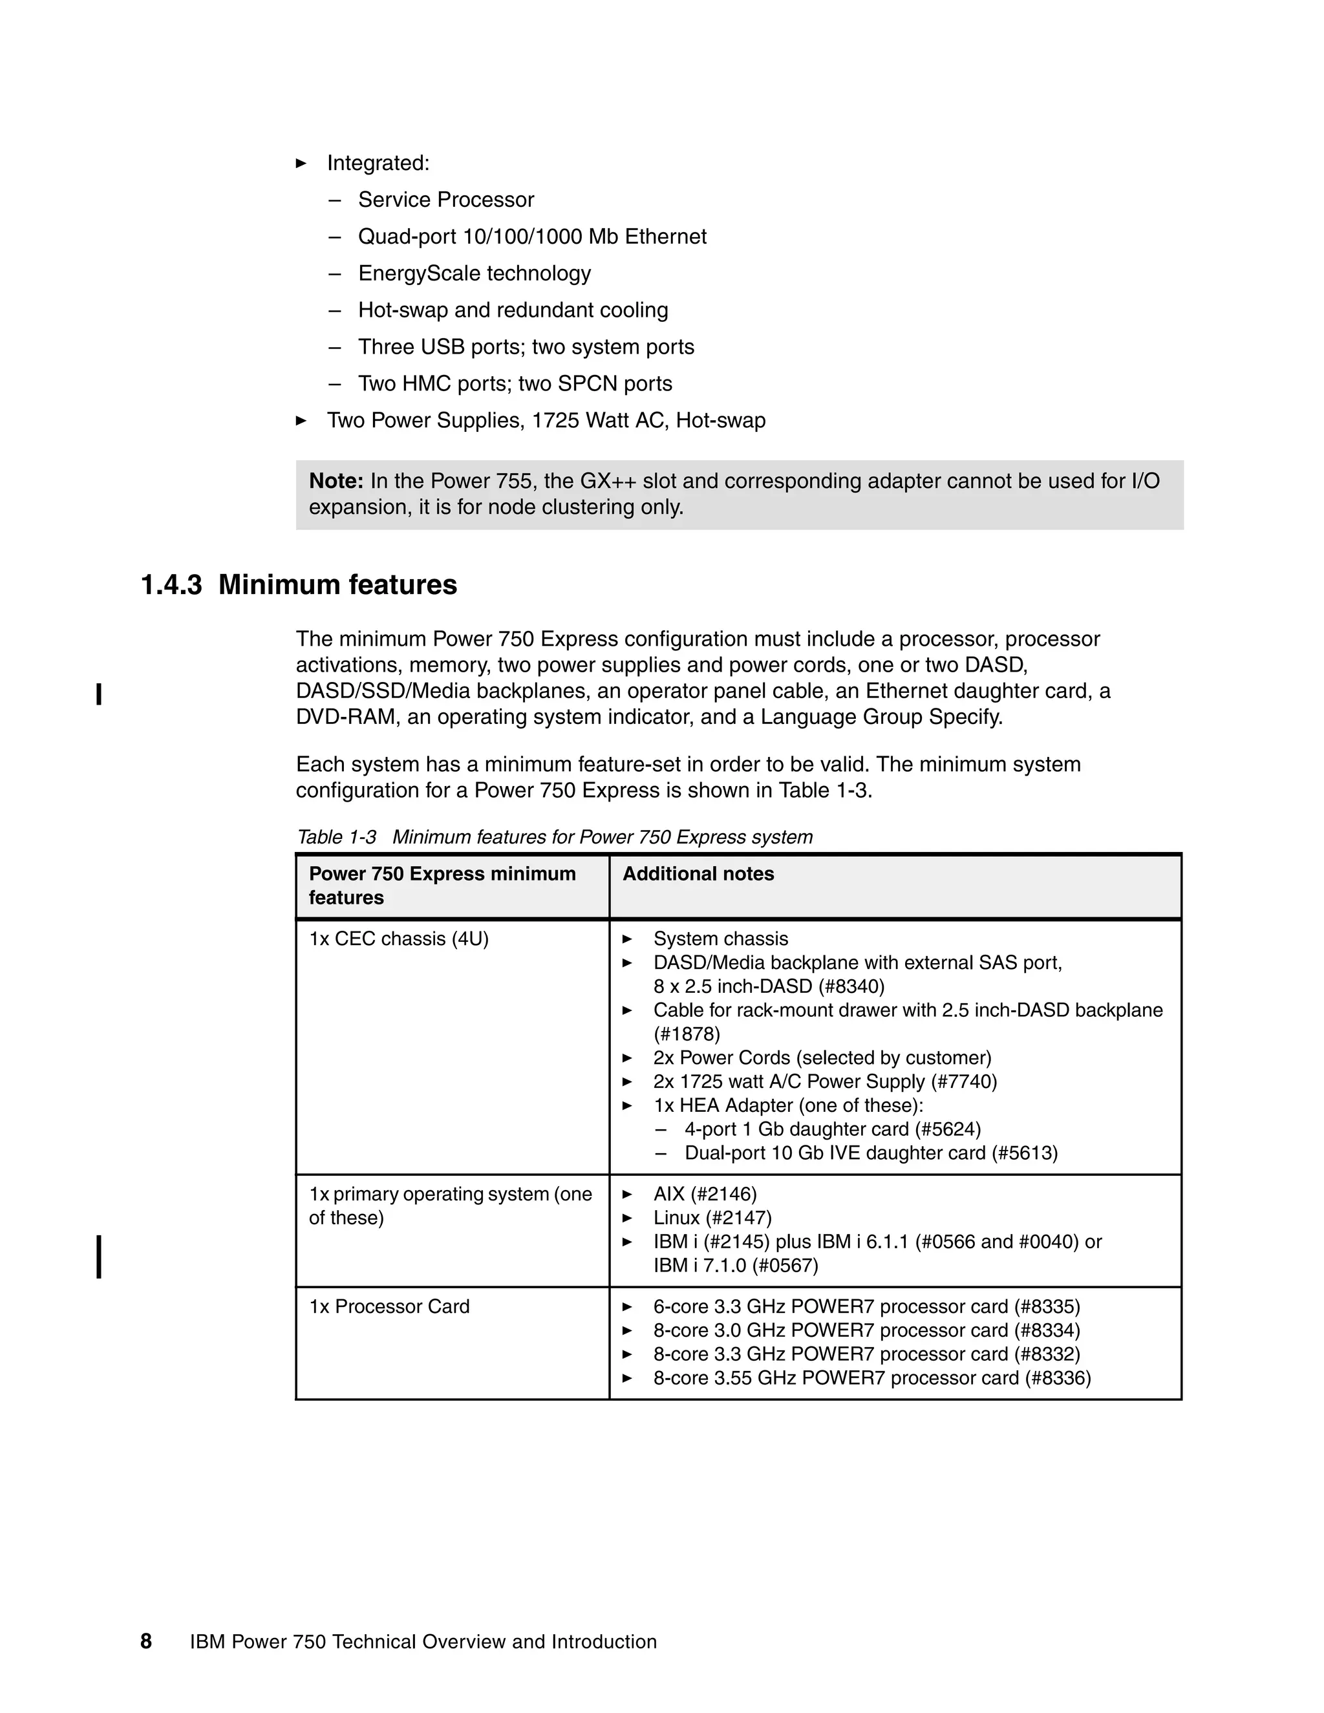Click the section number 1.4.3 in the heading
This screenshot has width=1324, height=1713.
click(x=171, y=585)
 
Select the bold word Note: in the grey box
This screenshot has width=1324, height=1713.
click(x=336, y=481)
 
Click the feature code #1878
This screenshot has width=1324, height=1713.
click(x=687, y=1034)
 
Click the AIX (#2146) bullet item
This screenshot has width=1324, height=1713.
click(x=705, y=1195)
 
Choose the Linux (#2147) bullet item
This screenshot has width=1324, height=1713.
click(x=712, y=1218)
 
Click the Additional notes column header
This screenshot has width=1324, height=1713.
click(x=698, y=874)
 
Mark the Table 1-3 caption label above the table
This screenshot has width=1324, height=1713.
click(x=336, y=837)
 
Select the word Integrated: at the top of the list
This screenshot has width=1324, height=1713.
click(x=378, y=163)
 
